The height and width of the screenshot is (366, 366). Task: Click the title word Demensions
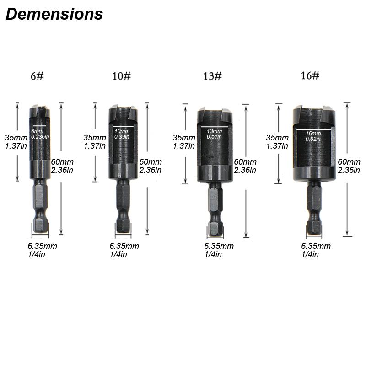coord(54,14)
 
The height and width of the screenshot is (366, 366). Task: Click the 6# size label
coord(37,76)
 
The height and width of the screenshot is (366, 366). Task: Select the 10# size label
coord(121,76)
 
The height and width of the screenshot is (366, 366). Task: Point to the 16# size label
coord(310,75)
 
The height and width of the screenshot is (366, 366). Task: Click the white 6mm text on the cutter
coord(37,131)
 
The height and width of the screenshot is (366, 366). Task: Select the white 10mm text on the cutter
coord(121,131)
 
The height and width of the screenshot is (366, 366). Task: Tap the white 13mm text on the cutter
coord(213,130)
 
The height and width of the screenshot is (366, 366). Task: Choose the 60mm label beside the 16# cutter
coord(349,161)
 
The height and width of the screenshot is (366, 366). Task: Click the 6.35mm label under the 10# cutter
coord(124,246)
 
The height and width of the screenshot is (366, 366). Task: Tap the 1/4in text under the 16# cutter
coord(310,254)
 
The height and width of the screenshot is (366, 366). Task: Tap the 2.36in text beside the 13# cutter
coord(245,170)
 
